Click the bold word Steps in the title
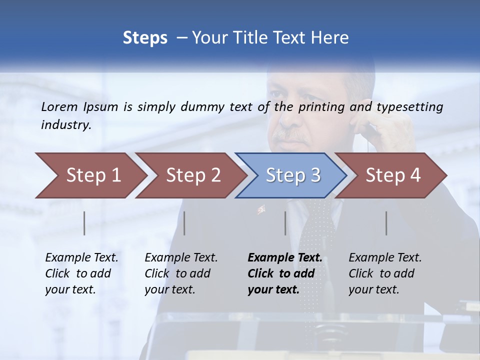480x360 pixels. point(145,37)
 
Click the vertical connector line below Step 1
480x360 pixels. point(84,223)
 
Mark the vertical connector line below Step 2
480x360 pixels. point(184,223)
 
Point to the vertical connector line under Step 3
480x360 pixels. point(285,223)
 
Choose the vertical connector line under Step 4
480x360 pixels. point(386,223)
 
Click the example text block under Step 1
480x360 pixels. point(81,273)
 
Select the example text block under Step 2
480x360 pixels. point(181,273)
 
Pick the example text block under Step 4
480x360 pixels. point(385,273)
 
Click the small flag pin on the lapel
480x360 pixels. point(261,209)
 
